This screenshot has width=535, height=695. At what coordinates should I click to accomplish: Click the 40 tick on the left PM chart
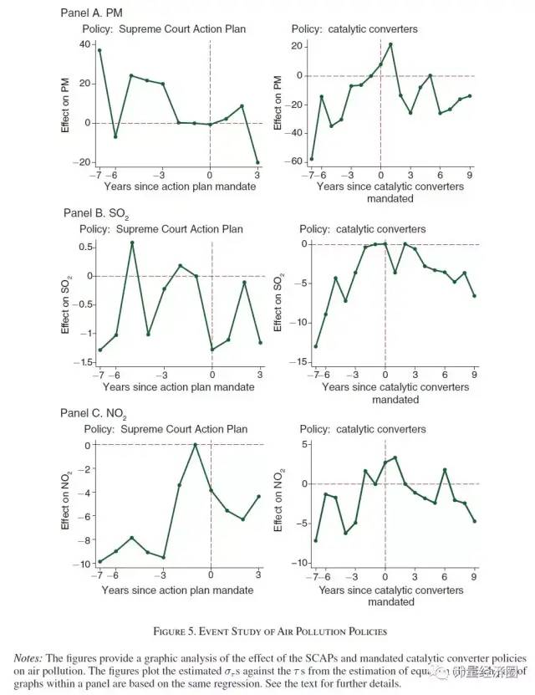84,44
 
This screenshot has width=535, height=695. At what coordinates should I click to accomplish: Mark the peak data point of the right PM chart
390,44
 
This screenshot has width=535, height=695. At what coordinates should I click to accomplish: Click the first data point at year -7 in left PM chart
99,50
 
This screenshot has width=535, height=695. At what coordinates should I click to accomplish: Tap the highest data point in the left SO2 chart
132,243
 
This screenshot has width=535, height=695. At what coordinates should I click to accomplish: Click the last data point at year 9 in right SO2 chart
475,296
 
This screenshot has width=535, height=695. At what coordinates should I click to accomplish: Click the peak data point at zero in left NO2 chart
196,445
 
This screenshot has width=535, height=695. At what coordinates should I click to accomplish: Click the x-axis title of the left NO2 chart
178,590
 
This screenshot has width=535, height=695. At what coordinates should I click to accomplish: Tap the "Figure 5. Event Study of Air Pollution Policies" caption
267,630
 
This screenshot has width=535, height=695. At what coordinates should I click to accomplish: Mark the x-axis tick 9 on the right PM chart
471,175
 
